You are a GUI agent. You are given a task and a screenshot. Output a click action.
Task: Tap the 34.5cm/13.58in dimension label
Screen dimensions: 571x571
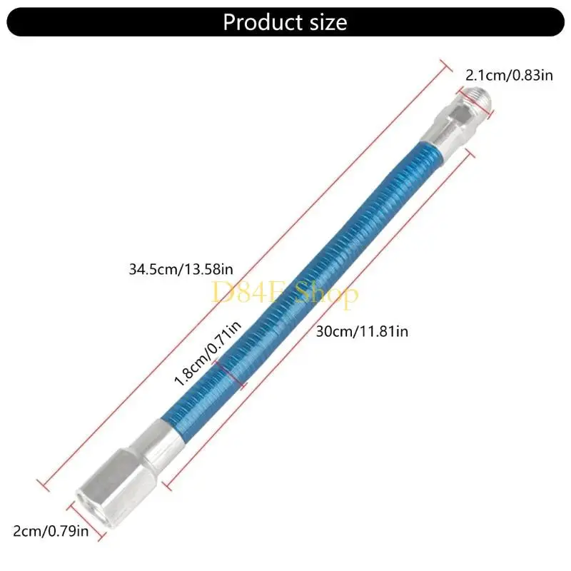181,270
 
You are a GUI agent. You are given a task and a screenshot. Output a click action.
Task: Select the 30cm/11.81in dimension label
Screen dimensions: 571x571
362,330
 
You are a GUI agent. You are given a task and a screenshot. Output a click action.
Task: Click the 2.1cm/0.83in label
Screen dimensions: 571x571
509,74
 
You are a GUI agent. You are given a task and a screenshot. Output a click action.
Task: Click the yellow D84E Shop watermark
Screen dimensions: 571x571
285,293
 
